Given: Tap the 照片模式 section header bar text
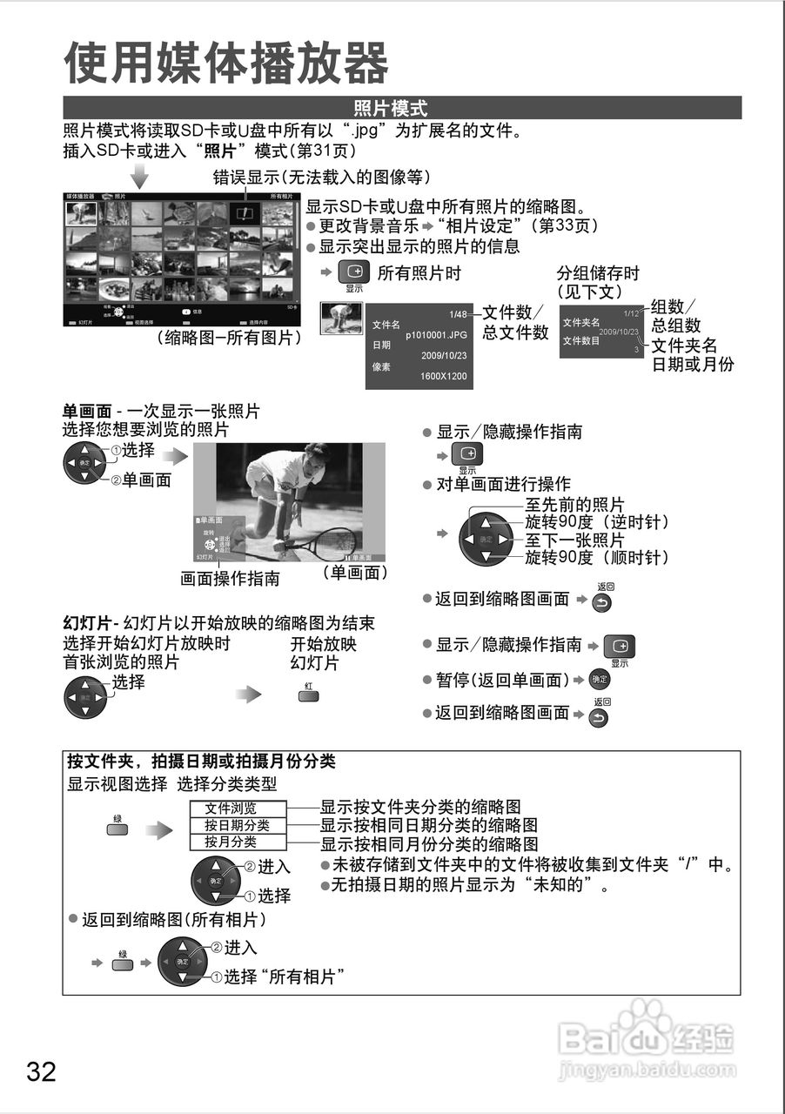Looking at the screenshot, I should point(391,109).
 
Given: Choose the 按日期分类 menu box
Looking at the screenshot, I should point(237,825).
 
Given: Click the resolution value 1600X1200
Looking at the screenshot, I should point(443,377).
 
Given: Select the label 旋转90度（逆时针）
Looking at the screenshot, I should point(596,522).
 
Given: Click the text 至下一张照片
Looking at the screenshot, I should point(574,540).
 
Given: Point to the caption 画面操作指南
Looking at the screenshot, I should point(230,578).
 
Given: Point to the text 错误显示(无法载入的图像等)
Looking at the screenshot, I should point(322,177).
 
